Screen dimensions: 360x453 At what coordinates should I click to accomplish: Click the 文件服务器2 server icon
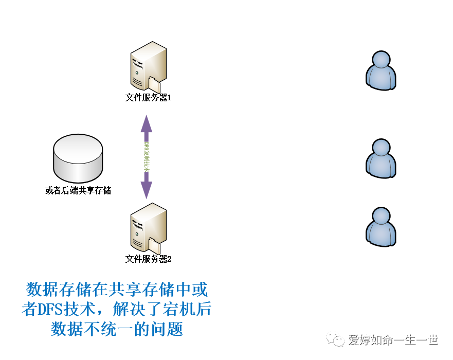pyautogui.click(x=148, y=228)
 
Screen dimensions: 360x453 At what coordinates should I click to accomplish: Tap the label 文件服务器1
pyautogui.click(x=148, y=97)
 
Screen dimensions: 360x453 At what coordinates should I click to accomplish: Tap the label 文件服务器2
pyautogui.click(x=148, y=259)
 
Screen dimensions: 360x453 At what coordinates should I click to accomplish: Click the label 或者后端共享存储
pyautogui.click(x=78, y=191)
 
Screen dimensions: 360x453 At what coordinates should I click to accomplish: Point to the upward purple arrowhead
pyautogui.click(x=147, y=123)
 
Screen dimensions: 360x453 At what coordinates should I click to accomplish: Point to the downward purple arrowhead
pyautogui.click(x=147, y=190)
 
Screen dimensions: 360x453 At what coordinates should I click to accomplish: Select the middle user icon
pyautogui.click(x=381, y=159)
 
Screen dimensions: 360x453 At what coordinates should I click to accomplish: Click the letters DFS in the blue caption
pyautogui.click(x=48, y=310)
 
